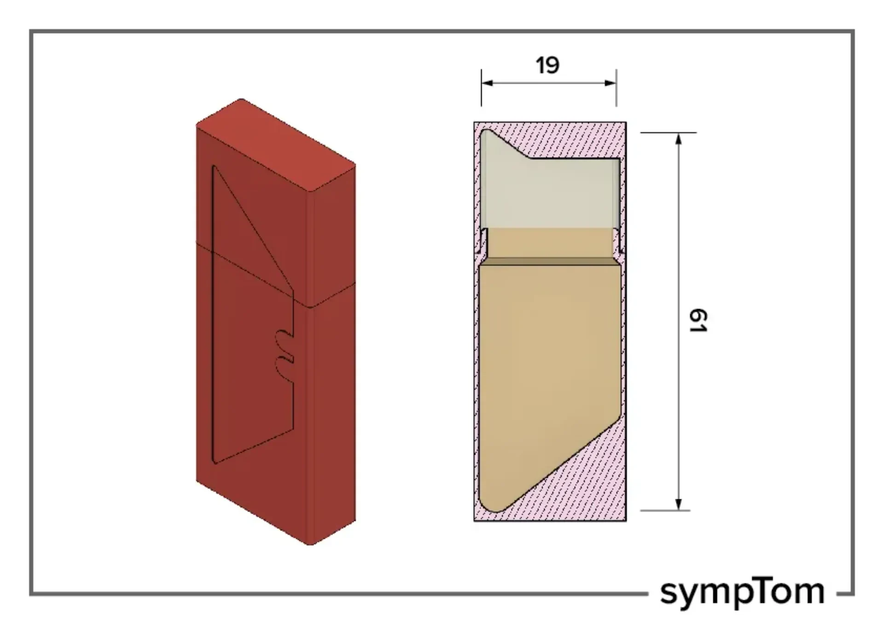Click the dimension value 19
[x=547, y=65]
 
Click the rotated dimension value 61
[x=698, y=321]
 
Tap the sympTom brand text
[x=742, y=593]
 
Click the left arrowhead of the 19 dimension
[x=487, y=83]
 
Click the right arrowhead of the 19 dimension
[x=611, y=83]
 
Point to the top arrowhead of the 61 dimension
[x=678, y=139]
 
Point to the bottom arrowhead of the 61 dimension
[x=678, y=504]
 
